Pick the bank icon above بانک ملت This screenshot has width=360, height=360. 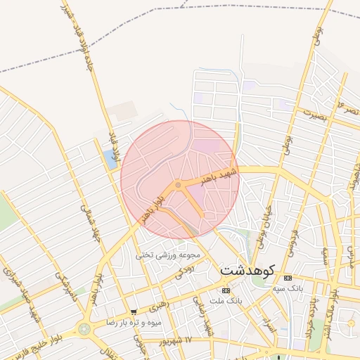pos(226,290)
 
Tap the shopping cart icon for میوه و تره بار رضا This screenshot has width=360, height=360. pos(134,312)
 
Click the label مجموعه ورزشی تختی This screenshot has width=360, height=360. pos(168,255)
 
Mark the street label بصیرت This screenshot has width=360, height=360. pos(314,115)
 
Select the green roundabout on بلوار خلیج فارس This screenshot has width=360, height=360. pos(84,329)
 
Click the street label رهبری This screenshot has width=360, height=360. pos(159,305)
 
